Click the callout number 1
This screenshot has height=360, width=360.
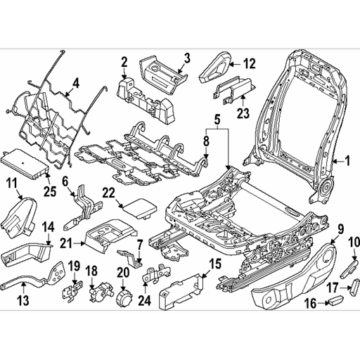point(346,160)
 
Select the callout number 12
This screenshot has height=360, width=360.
point(250,64)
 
